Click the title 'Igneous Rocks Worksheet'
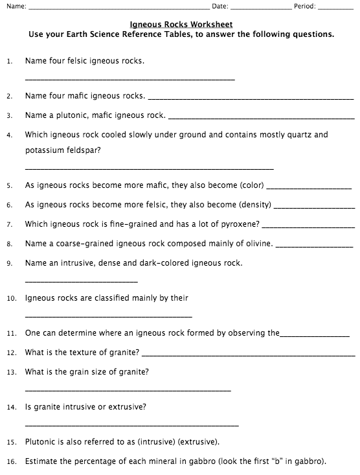(x=181, y=24)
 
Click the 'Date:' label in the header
(x=220, y=6)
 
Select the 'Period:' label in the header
(x=305, y=6)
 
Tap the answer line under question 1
(x=129, y=79)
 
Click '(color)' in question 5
(x=251, y=185)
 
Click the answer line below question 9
(x=81, y=281)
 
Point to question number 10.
(x=10, y=299)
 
